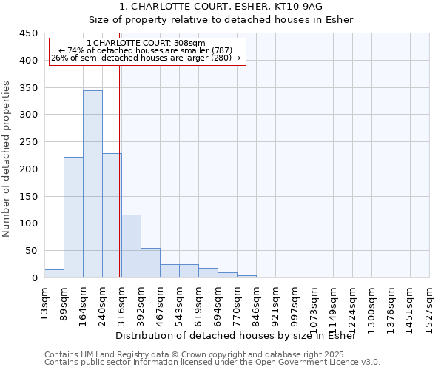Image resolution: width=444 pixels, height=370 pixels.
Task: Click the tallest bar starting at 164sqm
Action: (92, 184)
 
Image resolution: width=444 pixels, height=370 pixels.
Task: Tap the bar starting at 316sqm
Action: (131, 246)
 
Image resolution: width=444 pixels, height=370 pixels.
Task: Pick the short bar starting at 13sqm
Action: (54, 273)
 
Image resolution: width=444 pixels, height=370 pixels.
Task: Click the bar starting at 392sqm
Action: (150, 263)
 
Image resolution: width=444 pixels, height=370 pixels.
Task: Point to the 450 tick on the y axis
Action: (29, 33)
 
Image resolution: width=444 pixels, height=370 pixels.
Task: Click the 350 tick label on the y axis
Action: (29, 88)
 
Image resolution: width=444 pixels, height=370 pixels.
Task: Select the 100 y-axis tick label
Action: (29, 223)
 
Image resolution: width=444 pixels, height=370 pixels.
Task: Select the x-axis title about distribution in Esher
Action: (236, 336)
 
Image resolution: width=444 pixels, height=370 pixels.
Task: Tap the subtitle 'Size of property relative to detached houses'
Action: (221, 20)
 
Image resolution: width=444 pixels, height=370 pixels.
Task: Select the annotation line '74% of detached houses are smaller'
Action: (146, 50)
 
